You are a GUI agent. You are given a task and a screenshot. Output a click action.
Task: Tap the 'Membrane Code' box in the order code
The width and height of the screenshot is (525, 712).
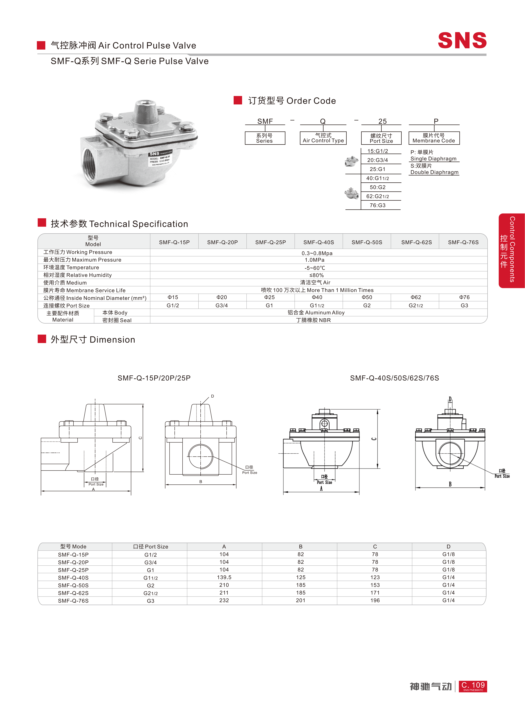[434, 138]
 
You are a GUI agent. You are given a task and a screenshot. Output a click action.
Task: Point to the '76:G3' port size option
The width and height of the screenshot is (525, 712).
[378, 205]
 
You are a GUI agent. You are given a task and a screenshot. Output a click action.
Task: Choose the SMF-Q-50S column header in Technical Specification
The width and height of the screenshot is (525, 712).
[367, 242]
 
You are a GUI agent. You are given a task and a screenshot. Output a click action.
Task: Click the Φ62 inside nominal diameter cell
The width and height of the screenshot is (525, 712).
[416, 297]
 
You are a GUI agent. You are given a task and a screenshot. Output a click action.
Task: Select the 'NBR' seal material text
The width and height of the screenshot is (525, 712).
[325, 320]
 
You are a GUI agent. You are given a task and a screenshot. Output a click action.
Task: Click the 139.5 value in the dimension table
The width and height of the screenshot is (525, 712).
[224, 577]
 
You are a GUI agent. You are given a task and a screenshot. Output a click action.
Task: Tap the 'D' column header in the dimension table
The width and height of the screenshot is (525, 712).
[448, 547]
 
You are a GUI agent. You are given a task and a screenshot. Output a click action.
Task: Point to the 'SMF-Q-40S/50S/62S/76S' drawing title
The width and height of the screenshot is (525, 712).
[394, 378]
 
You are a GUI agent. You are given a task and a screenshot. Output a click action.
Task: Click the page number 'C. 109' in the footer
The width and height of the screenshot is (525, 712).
[473, 686]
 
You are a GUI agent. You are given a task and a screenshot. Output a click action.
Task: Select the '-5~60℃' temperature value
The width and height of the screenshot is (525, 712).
[315, 268]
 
